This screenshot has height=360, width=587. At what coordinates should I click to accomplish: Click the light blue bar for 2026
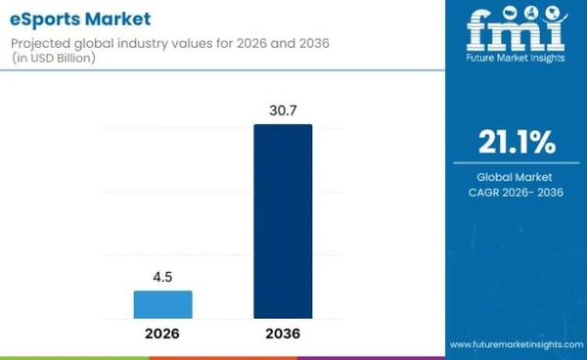[162, 304]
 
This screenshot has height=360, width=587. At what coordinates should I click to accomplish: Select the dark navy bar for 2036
[283, 222]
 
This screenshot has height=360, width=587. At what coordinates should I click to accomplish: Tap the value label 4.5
[162, 277]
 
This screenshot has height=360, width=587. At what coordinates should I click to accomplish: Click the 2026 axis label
[162, 335]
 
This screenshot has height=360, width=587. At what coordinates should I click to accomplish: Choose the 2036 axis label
[283, 335]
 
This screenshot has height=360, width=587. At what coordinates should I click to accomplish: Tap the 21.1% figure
[516, 144]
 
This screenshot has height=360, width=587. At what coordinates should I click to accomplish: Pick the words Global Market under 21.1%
[516, 177]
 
